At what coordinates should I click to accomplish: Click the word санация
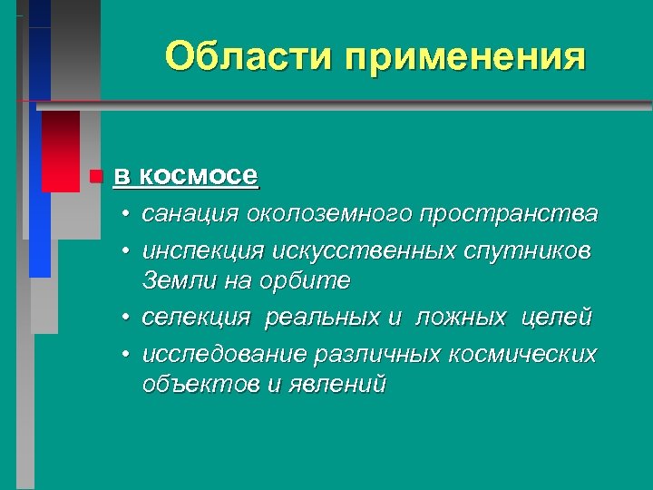tap(191, 214)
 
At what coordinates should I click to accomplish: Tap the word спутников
tap(530, 249)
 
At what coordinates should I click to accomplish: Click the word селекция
tap(195, 317)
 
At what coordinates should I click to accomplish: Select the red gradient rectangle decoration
tap(61, 151)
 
